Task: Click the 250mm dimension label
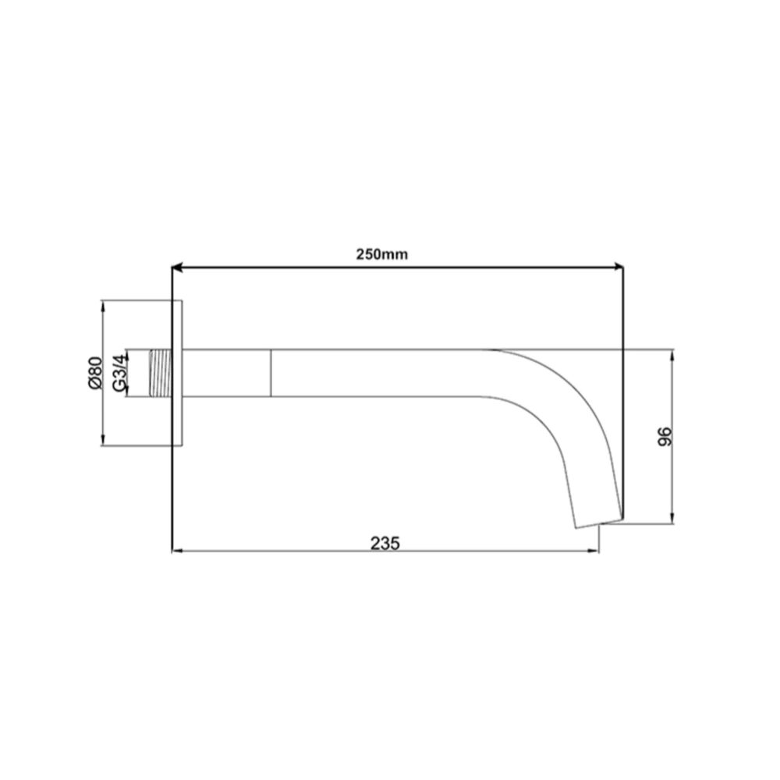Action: click(382, 254)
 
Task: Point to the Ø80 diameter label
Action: click(94, 373)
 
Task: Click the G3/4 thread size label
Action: click(119, 373)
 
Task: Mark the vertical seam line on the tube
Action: click(271, 373)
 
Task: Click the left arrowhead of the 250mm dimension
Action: click(176, 268)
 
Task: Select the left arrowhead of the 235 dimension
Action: click(175, 551)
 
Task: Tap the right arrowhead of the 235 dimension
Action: click(594, 551)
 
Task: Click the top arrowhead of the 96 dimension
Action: click(672, 353)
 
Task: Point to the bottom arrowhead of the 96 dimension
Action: click(672, 519)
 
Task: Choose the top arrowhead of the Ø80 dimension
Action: click(102, 305)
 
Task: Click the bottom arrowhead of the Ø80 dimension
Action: click(102, 442)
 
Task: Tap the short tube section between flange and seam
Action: click(226, 373)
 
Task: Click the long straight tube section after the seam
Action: click(382, 373)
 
